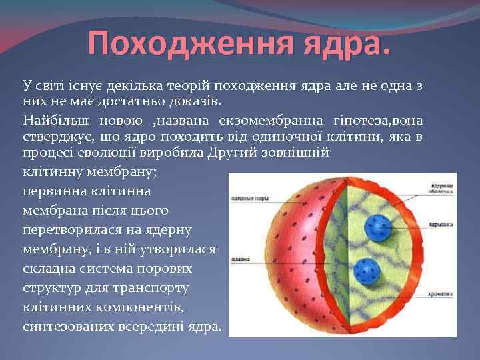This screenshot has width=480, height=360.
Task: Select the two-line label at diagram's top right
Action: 439,188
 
